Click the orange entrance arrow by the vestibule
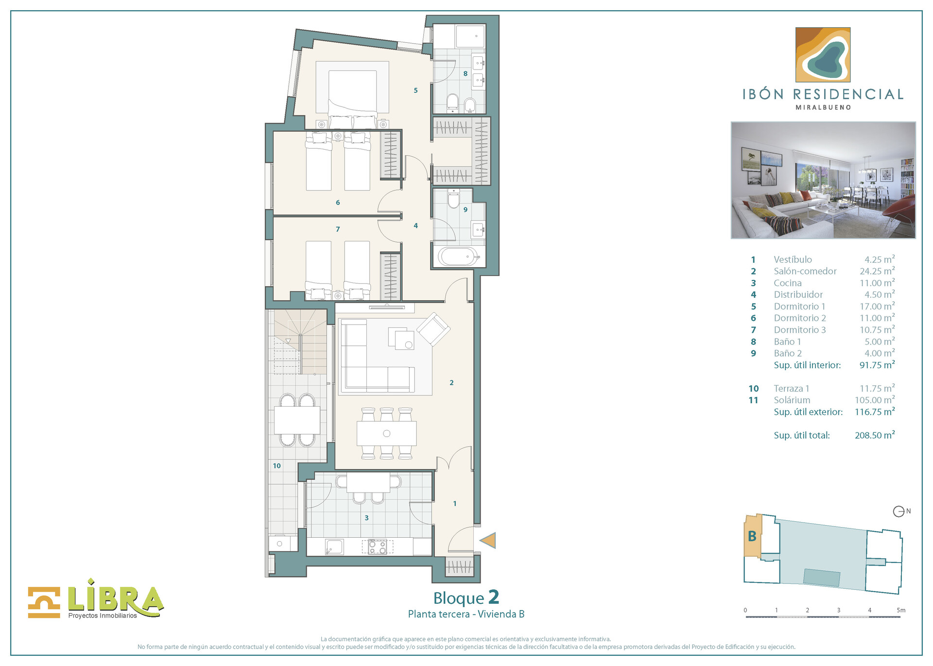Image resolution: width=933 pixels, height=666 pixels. coord(488,540)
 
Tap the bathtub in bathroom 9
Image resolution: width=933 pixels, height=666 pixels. coord(458,256)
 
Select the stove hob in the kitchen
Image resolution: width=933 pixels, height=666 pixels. coord(377,547)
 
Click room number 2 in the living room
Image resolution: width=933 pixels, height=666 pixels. coord(451,383)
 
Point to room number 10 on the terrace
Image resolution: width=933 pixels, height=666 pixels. coord(276,466)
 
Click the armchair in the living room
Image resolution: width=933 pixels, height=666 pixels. coord(433,329)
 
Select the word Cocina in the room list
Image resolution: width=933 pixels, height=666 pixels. coord(787,283)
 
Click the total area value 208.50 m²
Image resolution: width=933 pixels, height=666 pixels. coord(874,435)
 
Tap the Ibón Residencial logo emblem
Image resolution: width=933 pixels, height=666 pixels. coord(823,54)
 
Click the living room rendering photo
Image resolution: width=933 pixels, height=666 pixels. coord(823,180)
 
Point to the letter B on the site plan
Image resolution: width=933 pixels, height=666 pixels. coord(752,536)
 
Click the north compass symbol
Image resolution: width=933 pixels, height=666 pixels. coord(898,512)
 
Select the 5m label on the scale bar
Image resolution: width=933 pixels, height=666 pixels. coord(900,610)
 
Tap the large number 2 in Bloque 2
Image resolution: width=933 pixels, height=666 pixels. coord(493,597)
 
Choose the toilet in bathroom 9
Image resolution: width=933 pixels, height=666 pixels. coord(453,199)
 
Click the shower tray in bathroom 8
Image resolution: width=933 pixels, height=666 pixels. coord(470,36)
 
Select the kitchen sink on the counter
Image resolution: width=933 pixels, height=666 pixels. coord(334,547)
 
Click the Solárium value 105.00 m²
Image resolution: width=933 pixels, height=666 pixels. coord(874,400)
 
